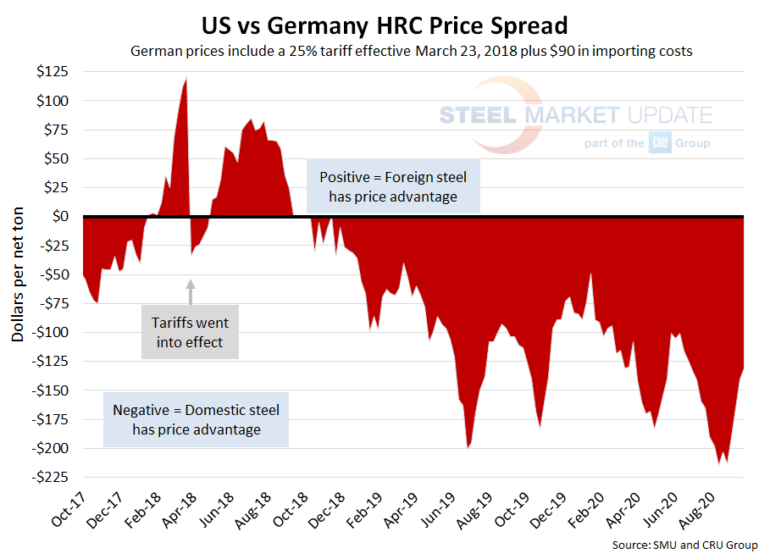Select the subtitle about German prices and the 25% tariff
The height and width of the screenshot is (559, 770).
(411, 51)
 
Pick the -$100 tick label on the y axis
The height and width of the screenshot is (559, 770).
(52, 332)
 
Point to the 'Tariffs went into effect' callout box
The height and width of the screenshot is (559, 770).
(190, 333)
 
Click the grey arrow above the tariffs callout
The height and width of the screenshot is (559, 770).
(191, 291)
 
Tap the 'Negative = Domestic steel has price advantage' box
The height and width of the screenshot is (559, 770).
(196, 420)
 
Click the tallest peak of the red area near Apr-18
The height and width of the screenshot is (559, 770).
(186, 80)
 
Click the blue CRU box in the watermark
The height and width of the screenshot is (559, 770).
(660, 143)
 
